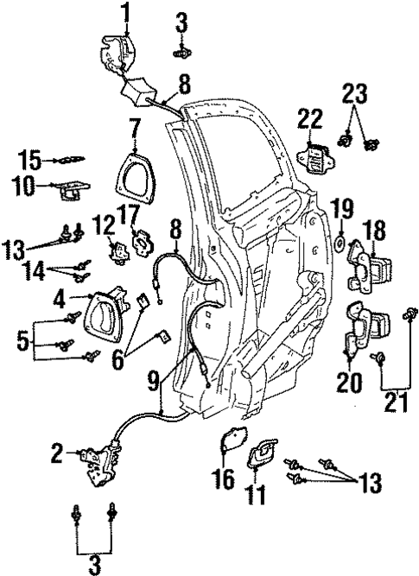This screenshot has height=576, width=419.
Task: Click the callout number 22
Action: (x=309, y=118)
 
